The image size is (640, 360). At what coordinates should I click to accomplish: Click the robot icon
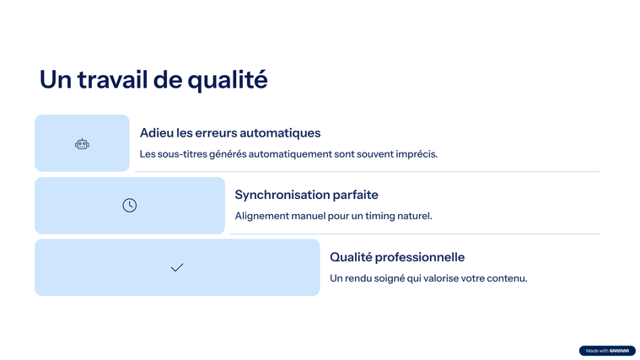[x=82, y=143]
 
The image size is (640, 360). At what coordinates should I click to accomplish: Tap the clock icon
[x=129, y=206]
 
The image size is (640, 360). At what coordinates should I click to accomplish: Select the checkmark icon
[x=177, y=267]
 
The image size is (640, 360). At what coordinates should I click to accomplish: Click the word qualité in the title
[x=228, y=80]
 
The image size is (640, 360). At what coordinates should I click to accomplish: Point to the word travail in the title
[x=112, y=79]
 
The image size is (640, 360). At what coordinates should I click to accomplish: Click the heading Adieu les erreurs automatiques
[x=230, y=132]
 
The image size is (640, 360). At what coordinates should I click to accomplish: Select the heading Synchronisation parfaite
[x=307, y=195]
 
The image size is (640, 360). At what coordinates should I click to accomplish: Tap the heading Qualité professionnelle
[x=397, y=257]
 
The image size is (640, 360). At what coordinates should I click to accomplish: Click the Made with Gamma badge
[x=607, y=351]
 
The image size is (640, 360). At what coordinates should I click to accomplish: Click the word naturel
[x=417, y=216]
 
